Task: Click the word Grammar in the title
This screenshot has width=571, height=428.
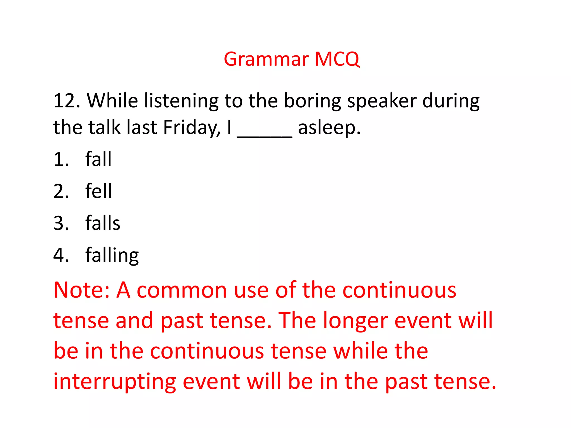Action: (266, 59)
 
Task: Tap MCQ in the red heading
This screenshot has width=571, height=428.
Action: (337, 59)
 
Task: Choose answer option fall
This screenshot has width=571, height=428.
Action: (98, 159)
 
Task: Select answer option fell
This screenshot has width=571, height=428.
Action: (98, 191)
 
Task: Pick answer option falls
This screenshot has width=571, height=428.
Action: (103, 223)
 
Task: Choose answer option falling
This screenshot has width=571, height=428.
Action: (112, 255)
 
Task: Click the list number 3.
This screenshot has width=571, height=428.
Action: (61, 223)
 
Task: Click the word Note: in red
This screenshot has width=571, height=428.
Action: (81, 290)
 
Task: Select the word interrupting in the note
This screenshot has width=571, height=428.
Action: (115, 382)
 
